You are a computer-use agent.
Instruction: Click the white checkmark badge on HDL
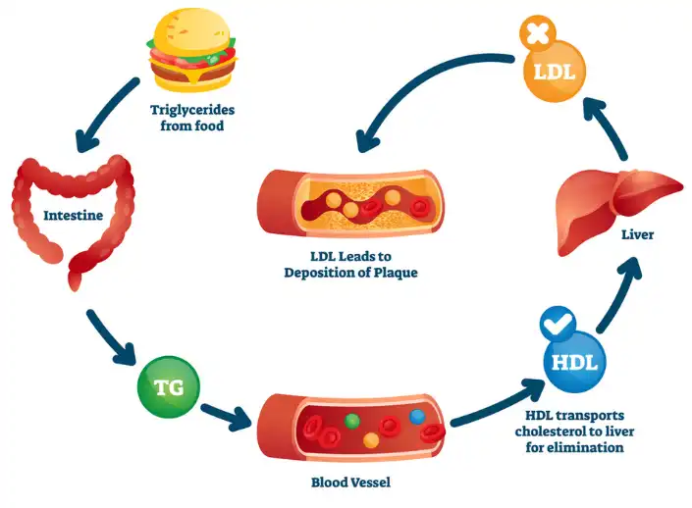(x=555, y=320)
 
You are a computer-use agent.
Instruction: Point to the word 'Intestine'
(x=69, y=213)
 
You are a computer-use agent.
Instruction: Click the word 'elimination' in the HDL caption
(x=600, y=447)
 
